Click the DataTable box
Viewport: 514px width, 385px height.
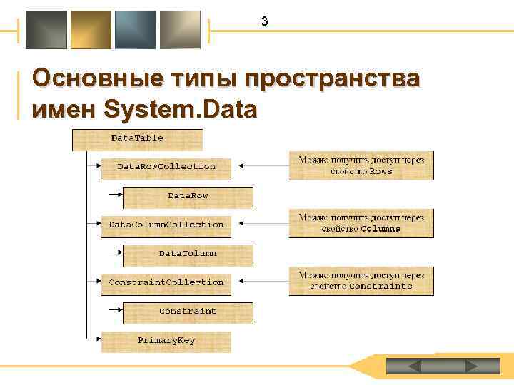(138, 139)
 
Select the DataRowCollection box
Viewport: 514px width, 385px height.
(166, 167)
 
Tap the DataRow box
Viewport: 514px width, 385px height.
(188, 196)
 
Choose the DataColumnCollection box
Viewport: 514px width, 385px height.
(166, 225)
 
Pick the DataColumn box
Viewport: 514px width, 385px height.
(188, 254)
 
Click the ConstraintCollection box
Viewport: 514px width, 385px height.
(166, 283)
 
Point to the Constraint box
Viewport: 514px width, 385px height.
(188, 312)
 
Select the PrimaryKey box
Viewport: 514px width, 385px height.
(166, 341)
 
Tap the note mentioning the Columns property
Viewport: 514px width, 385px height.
(361, 224)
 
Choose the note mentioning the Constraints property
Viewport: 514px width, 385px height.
(361, 281)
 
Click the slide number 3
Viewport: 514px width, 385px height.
(264, 22)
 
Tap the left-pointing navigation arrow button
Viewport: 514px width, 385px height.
(414, 366)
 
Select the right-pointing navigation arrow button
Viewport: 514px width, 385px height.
(470, 366)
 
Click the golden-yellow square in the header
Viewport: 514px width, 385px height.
(91, 30)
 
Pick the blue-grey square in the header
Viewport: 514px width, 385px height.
(136, 30)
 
